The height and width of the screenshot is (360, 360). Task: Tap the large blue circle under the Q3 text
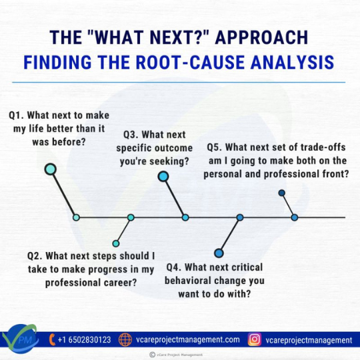pos(163,177)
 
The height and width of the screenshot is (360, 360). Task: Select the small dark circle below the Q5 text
pos(281,193)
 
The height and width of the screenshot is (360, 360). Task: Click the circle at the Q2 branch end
pos(116,243)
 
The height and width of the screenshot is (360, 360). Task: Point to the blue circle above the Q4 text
pos(219,252)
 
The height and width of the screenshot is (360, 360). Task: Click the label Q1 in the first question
pos(17,115)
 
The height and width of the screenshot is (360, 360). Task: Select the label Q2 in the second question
pos(35,255)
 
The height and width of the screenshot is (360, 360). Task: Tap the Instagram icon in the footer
pos(254,340)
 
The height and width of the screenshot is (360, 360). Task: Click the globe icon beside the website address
pos(125,340)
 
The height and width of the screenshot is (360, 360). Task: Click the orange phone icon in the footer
pos(54,340)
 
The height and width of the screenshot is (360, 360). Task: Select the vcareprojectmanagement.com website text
pos(187,340)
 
